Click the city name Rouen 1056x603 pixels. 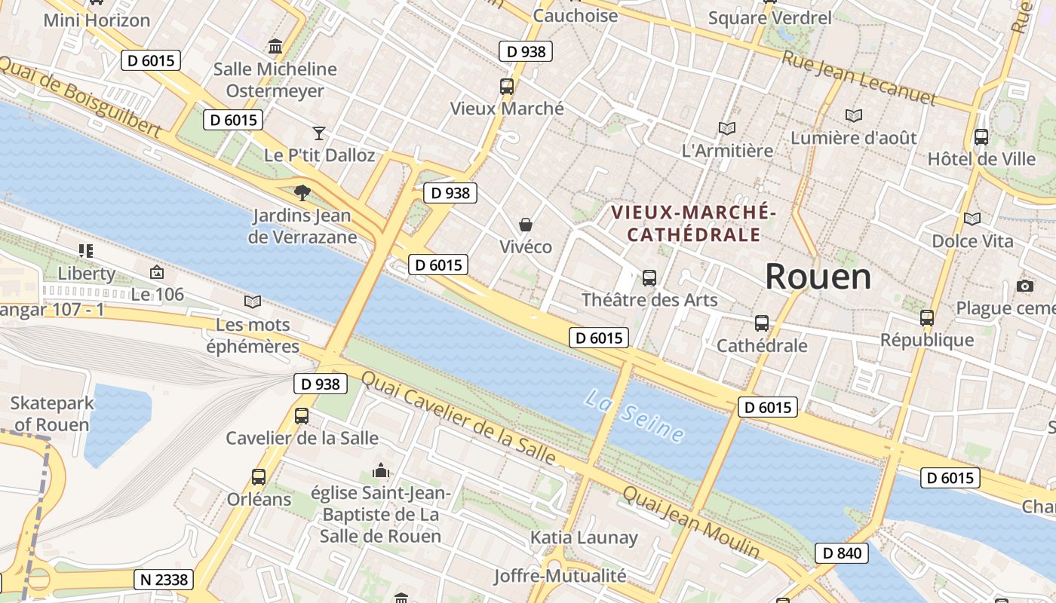818,277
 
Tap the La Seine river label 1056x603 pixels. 634,415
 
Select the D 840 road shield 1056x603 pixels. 841,553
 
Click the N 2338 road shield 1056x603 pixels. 163,579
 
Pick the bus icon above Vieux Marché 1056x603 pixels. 507,86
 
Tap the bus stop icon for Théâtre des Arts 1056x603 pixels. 649,277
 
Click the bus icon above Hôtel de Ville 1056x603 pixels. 981,136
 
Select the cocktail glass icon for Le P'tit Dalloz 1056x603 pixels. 319,133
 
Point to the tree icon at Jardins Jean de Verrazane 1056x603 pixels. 302,192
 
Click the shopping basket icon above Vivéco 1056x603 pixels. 525,225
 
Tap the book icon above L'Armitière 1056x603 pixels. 727,128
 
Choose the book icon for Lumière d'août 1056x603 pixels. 853,115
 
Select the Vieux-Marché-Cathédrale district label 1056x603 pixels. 693,223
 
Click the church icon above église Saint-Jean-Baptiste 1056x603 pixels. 381,471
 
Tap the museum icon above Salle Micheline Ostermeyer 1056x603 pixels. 275,46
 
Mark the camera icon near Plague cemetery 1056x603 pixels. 1024,286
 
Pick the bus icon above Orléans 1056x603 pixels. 258,476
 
